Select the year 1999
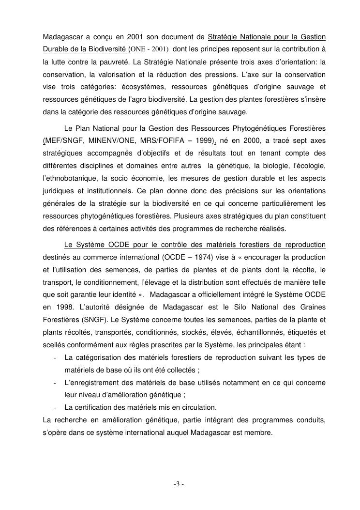pos(200,140)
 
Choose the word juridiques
pos(58,191)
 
